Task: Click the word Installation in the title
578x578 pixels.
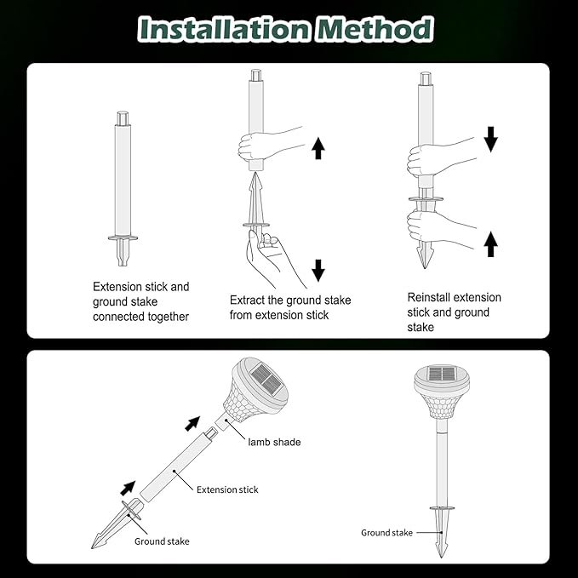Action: click(x=224, y=29)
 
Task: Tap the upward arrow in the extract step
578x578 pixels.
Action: click(x=318, y=149)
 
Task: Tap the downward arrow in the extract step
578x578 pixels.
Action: click(x=318, y=271)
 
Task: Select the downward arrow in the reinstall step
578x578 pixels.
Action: click(x=490, y=139)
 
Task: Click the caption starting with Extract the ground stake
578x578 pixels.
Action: click(x=290, y=307)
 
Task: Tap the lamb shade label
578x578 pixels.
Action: click(x=274, y=442)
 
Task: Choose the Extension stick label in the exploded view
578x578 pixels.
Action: click(x=227, y=489)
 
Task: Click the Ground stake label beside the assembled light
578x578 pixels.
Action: click(x=386, y=533)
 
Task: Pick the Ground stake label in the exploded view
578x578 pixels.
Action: click(x=162, y=541)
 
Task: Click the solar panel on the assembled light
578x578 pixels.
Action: click(x=442, y=374)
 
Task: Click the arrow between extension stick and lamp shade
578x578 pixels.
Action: click(x=193, y=422)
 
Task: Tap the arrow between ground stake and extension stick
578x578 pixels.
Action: click(x=127, y=488)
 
